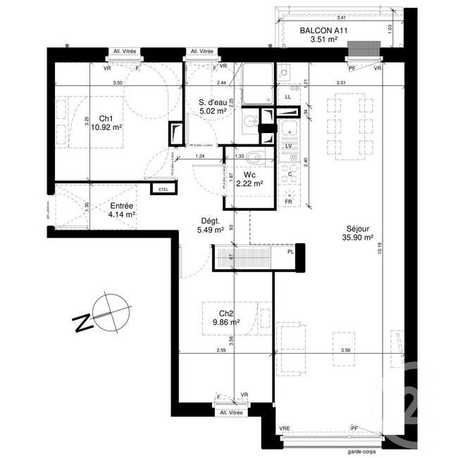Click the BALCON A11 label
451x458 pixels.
324,30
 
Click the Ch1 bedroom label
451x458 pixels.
106,118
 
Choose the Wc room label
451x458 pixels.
249,174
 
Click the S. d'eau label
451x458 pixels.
212,101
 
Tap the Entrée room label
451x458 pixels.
121,205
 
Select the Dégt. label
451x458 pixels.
211,220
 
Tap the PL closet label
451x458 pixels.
290,251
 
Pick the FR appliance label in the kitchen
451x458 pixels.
288,202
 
